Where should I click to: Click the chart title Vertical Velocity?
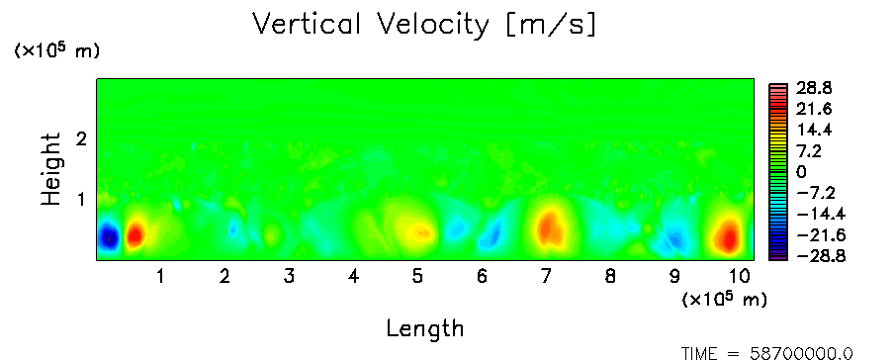pos(370,25)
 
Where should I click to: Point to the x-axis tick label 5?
pos(418,277)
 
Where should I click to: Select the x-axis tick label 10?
pos(740,277)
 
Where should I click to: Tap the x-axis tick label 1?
pos(161,277)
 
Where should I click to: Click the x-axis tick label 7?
pos(546,277)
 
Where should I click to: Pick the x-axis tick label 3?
pos(289,277)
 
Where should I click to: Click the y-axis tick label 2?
pos(81,138)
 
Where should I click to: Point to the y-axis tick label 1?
pos(81,200)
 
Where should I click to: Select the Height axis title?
pos(50,169)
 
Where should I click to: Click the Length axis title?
pos(425,328)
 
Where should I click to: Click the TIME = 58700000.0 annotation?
pos(767,354)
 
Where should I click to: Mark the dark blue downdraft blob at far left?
pos(109,236)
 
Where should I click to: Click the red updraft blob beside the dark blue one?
pos(135,234)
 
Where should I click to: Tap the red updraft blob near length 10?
pos(728,235)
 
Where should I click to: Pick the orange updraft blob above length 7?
pos(550,228)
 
